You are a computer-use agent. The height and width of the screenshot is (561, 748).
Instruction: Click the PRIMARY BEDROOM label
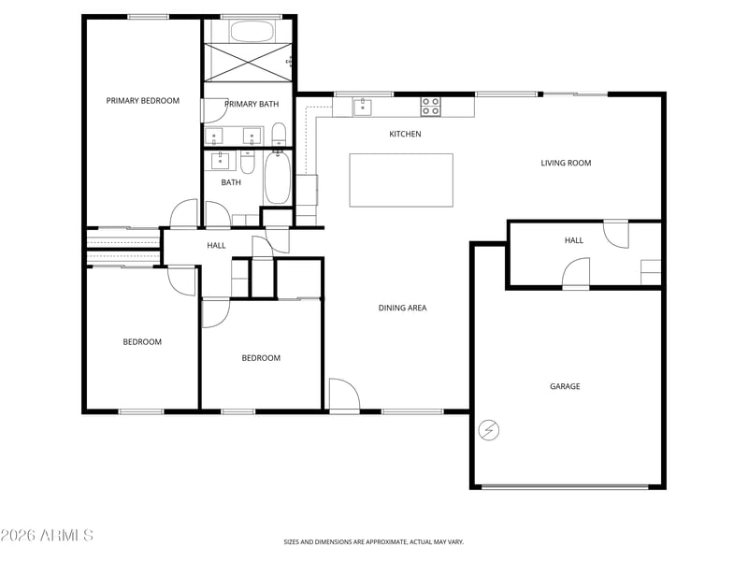click(143, 101)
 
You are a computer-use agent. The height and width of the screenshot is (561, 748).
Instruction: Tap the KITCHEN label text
click(405, 134)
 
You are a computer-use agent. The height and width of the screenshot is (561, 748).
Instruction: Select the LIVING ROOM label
click(566, 163)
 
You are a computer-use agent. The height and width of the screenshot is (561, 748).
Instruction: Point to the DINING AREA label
click(402, 309)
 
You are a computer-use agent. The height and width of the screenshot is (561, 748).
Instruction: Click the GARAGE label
click(565, 386)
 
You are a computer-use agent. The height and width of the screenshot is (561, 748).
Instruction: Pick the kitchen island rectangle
click(401, 180)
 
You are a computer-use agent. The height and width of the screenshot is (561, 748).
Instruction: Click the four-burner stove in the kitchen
click(431, 107)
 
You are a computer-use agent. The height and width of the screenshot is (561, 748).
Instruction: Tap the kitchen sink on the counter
click(363, 107)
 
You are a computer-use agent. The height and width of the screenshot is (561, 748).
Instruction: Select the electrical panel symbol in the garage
click(489, 430)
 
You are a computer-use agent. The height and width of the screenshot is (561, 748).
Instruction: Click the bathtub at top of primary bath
click(252, 32)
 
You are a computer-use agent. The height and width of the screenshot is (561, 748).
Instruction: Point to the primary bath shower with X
click(248, 63)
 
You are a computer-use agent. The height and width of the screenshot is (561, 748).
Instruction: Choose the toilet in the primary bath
click(279, 135)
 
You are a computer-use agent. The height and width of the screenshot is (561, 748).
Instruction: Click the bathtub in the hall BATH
click(277, 178)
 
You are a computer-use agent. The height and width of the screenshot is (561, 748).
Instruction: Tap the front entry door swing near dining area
click(344, 395)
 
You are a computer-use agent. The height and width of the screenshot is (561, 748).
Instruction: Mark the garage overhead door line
click(565, 487)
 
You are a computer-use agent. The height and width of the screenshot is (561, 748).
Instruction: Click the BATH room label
click(231, 182)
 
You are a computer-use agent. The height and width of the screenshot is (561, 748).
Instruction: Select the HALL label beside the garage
click(574, 240)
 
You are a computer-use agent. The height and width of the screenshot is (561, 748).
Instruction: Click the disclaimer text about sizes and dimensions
click(373, 542)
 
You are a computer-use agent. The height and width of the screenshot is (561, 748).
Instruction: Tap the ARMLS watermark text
click(47, 535)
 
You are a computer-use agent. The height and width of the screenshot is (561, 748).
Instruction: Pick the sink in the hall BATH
click(220, 161)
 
